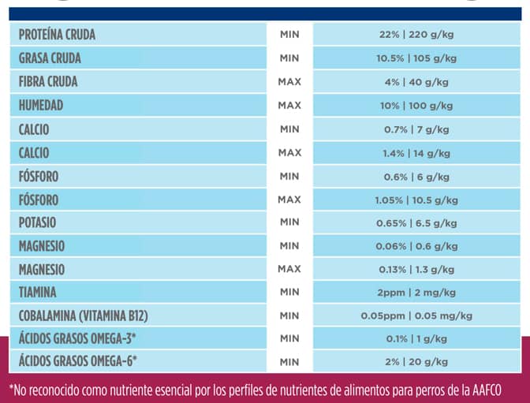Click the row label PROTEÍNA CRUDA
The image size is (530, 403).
(57, 35)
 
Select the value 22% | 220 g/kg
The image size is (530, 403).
(416, 35)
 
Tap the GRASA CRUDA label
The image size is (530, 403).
(50, 58)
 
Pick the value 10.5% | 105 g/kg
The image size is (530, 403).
(416, 58)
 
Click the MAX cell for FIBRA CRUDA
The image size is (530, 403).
(289, 82)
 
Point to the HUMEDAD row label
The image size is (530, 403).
(41, 105)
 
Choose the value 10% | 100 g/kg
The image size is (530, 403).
(416, 106)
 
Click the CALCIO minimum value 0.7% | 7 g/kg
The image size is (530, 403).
(416, 129)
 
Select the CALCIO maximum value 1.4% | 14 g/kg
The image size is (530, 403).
(416, 152)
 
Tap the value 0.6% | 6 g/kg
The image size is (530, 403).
(416, 176)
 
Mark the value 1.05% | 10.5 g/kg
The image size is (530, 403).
(416, 200)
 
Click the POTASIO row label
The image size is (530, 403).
(38, 222)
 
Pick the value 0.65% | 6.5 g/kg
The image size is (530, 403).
(416, 223)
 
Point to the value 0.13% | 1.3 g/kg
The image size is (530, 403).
(416, 270)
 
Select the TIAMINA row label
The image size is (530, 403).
(38, 293)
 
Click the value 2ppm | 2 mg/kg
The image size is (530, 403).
(416, 293)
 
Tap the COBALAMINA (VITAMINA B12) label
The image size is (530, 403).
(84, 315)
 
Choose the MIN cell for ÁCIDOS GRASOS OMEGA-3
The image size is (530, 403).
(289, 339)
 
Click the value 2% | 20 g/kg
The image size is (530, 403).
(416, 362)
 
